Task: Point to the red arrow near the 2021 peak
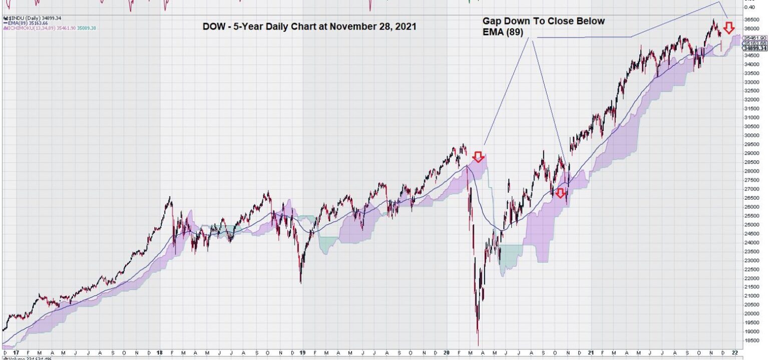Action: click(729, 27)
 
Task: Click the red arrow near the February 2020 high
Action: click(479, 157)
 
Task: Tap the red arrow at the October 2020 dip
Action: click(560, 193)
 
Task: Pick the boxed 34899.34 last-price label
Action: click(754, 48)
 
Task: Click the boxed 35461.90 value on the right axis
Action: click(755, 38)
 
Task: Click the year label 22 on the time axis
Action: click(734, 353)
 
